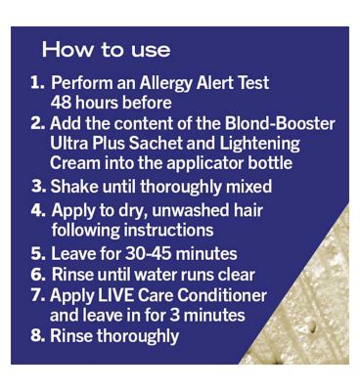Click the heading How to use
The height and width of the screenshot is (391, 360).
pos(106,50)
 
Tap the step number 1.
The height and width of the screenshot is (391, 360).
pos(37,83)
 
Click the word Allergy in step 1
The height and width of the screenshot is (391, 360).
pos(166,83)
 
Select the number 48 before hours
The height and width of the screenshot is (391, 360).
pos(61,103)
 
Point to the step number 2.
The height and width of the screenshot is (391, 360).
pos(38,124)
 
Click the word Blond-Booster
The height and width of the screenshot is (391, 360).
pos(280,124)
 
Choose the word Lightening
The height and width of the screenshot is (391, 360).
pos(259,145)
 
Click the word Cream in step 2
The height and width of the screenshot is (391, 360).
pos(75,163)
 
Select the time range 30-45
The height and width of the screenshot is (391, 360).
pos(149,254)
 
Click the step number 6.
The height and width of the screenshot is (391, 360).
pos(38,275)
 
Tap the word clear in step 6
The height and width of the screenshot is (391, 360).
pos(237,275)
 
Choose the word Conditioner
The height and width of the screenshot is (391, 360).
pos(222,295)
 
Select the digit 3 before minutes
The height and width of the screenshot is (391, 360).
pos(174,316)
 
